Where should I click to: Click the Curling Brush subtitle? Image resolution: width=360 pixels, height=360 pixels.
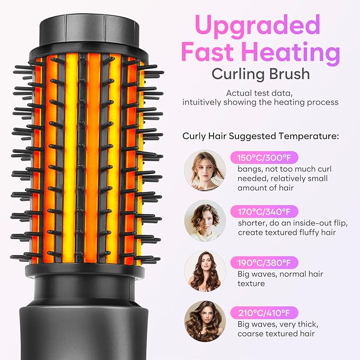click(260, 74)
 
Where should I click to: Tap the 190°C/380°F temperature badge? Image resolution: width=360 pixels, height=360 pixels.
click(264, 262)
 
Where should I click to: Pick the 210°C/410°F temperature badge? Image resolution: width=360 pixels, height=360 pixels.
click(264, 312)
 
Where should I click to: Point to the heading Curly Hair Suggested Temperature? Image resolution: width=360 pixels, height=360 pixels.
click(260, 136)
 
